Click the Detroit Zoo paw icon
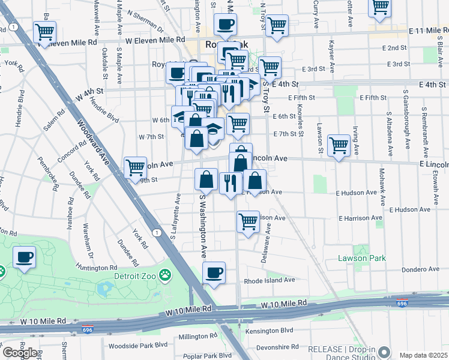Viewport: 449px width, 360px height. pos(164,276)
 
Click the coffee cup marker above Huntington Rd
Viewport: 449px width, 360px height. pos(25,258)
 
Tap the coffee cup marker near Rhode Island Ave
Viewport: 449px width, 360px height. pos(214,274)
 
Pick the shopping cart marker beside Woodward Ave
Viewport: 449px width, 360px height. pos(135,167)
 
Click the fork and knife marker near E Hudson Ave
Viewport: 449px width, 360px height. pos(231,182)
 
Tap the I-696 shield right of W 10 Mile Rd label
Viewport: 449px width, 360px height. pos(402,303)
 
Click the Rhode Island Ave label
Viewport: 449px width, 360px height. pos(270,280)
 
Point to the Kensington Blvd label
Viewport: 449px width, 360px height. pos(269,331)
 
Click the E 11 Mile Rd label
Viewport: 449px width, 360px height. pos(428,31)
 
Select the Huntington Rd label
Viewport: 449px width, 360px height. pos(97,268)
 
